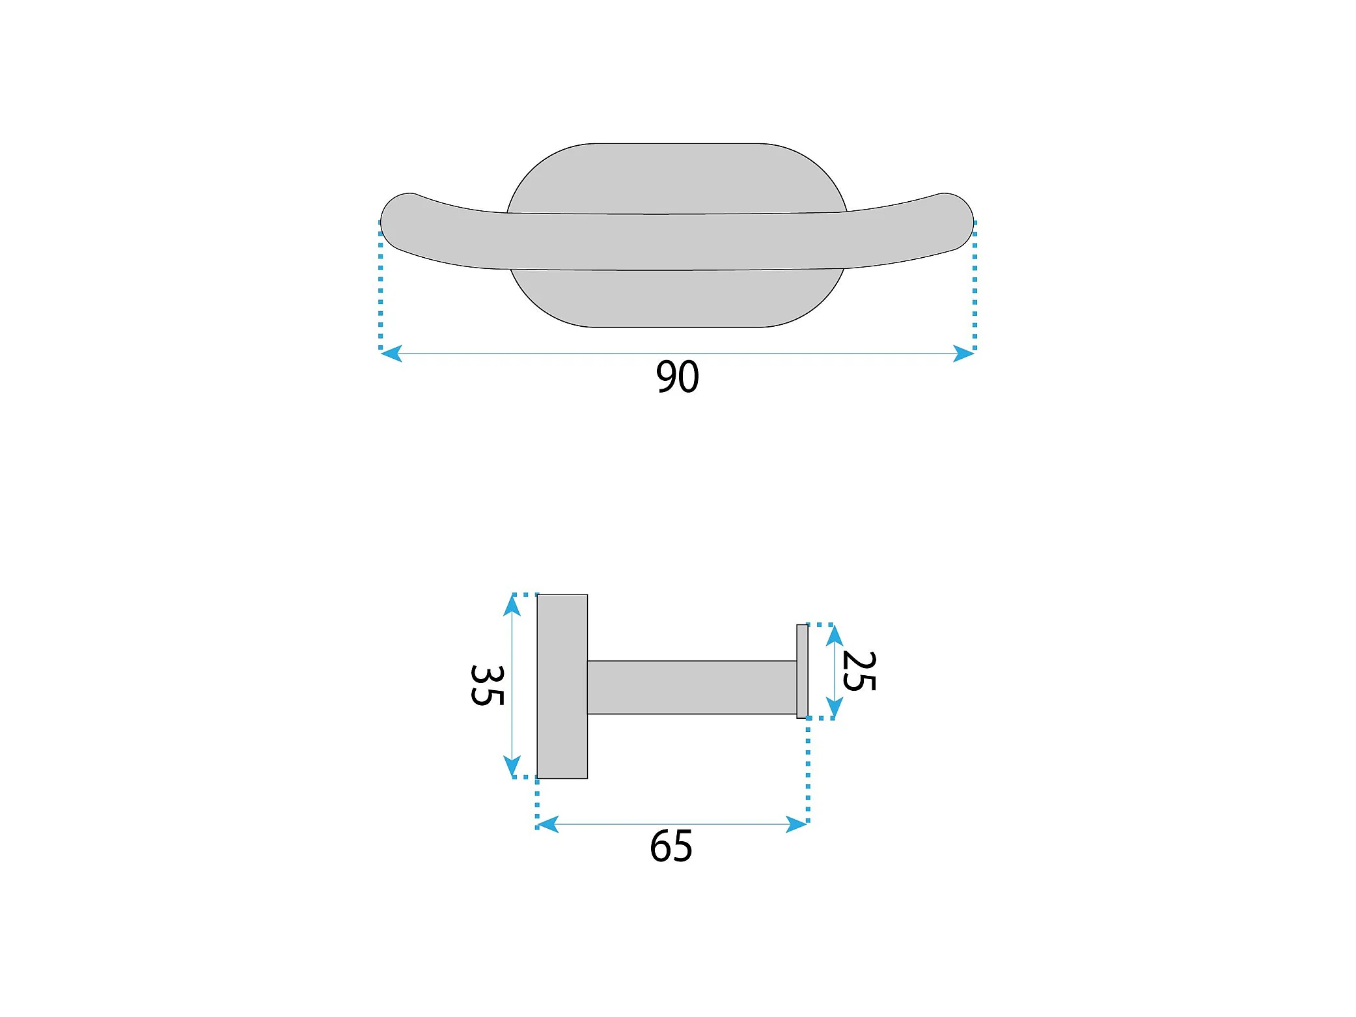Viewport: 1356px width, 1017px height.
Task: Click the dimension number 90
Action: pyautogui.click(x=677, y=376)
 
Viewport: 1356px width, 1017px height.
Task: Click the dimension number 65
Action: pyautogui.click(x=671, y=846)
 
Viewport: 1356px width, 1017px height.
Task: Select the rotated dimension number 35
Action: pyautogui.click(x=487, y=686)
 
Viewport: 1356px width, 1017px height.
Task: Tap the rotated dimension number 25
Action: pyautogui.click(x=859, y=671)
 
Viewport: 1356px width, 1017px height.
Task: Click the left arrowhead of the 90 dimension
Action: pyautogui.click(x=391, y=354)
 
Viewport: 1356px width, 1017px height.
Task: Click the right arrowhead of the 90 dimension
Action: pyautogui.click(x=964, y=354)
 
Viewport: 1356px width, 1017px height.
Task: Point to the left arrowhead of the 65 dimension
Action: pyautogui.click(x=547, y=824)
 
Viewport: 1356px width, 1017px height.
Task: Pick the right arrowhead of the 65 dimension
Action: pyautogui.click(x=797, y=824)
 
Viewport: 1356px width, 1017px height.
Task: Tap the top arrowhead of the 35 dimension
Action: pyautogui.click(x=512, y=606)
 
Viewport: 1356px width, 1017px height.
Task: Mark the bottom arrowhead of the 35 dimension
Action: pyautogui.click(x=512, y=766)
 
